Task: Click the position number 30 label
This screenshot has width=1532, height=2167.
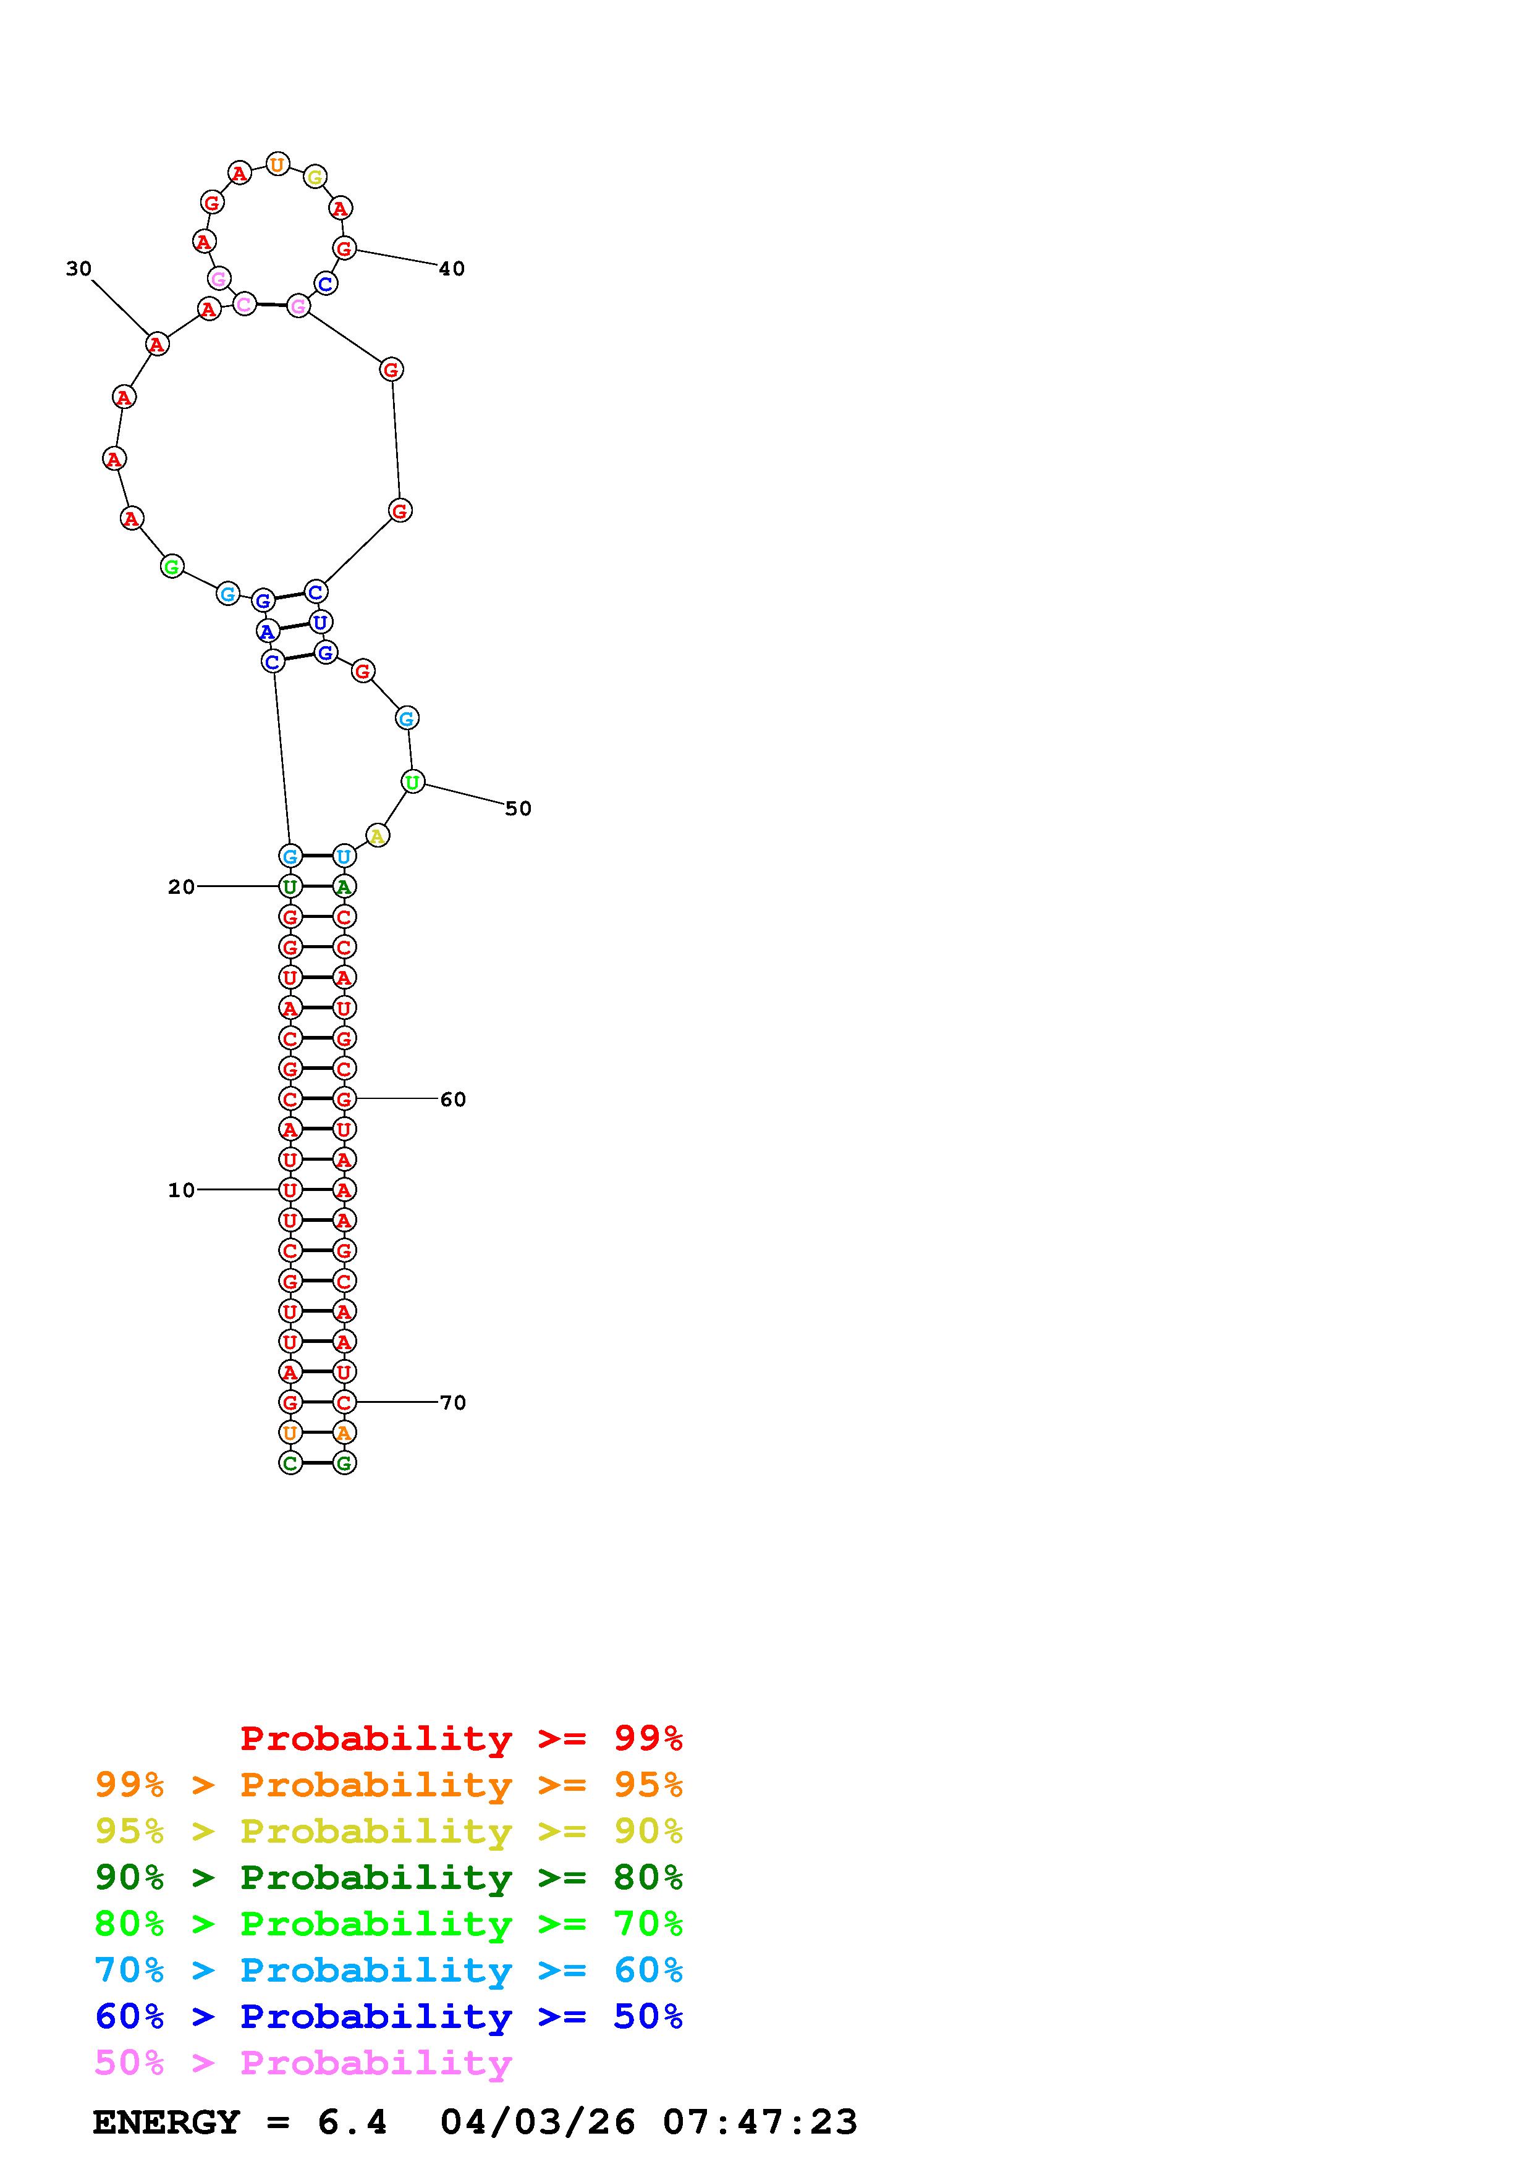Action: pos(78,269)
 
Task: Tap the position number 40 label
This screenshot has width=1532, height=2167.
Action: pos(452,269)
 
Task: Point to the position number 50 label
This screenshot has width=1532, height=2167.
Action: pos(518,809)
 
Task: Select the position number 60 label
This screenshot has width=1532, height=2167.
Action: pos(453,1100)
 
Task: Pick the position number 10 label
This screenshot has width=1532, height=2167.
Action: pos(181,1191)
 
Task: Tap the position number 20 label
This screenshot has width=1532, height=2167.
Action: pos(181,887)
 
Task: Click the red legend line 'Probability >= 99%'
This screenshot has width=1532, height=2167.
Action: pos(462,1738)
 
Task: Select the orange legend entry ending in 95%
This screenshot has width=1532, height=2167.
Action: pos(389,1785)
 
